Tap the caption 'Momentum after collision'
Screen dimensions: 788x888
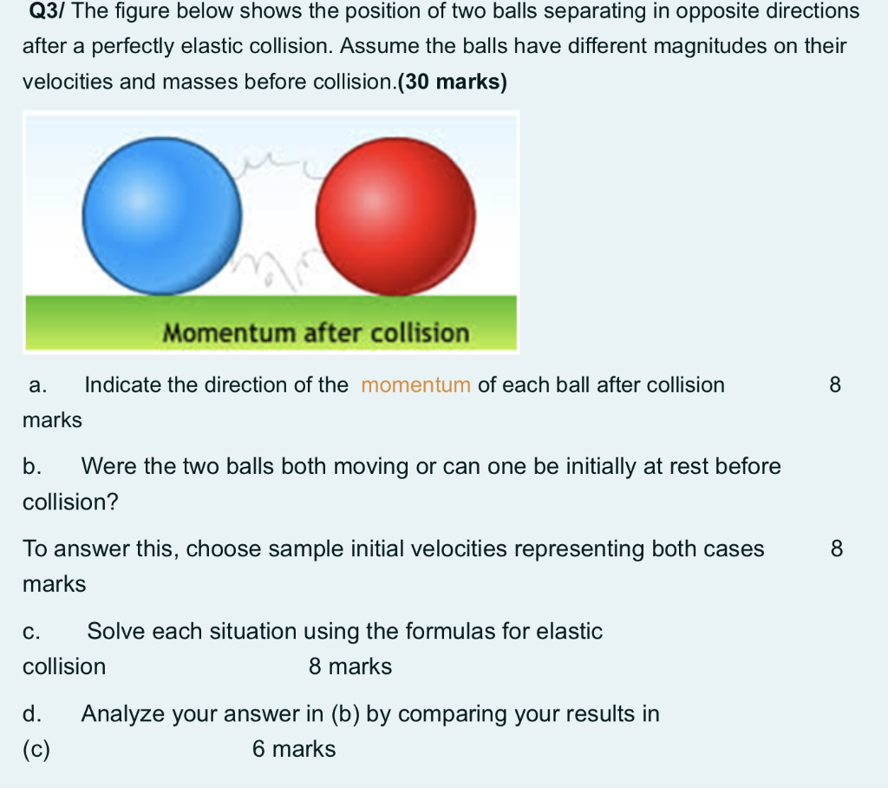pos(316,333)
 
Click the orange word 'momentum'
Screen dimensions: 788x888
pos(415,385)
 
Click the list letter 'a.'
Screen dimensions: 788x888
pos(37,385)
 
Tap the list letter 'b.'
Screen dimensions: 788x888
pos(33,467)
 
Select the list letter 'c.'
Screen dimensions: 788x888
pos(32,632)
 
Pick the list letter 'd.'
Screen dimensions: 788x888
pos(33,714)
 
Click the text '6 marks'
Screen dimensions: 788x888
pos(293,749)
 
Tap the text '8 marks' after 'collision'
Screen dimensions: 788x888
pos(349,667)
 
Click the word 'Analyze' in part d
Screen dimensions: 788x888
pos(121,714)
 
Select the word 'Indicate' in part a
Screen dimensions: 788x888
pos(123,385)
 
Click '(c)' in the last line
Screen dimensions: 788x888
pos(36,749)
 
